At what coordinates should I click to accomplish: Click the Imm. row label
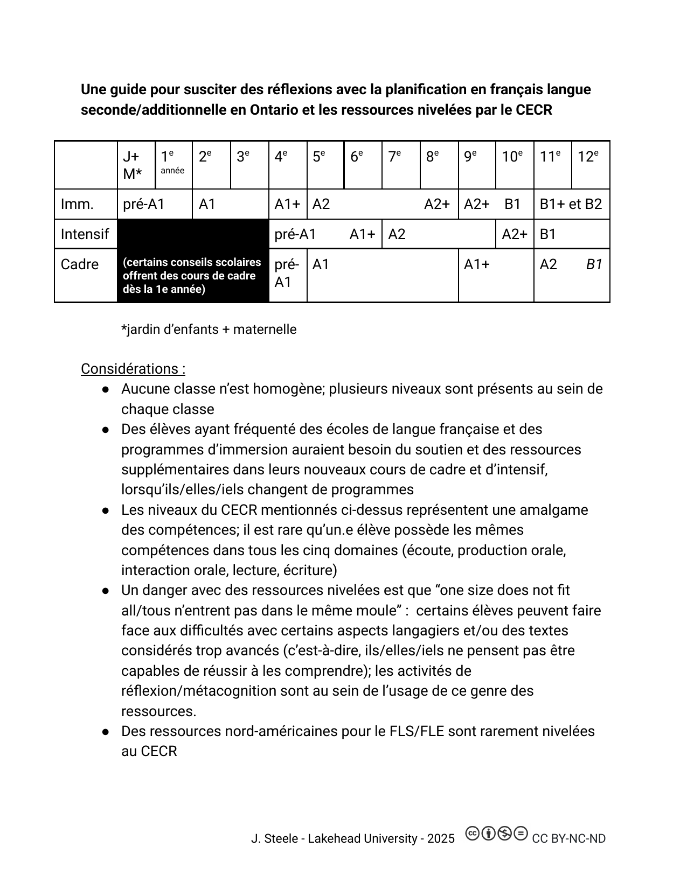click(77, 204)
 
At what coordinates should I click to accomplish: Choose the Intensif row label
click(85, 234)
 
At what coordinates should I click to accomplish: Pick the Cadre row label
click(80, 264)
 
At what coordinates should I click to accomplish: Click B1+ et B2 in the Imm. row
click(571, 204)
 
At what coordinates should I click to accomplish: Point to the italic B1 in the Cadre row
click(594, 264)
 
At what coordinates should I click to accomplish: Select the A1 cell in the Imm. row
click(207, 204)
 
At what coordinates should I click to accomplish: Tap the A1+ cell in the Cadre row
click(477, 264)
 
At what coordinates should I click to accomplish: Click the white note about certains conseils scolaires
click(192, 276)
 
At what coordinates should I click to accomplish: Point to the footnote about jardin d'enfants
click(209, 330)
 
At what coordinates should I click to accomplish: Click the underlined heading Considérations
click(133, 369)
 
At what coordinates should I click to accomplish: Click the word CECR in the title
click(534, 110)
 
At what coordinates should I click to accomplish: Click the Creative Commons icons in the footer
click(496, 834)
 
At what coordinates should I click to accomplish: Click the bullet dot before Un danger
click(106, 591)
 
